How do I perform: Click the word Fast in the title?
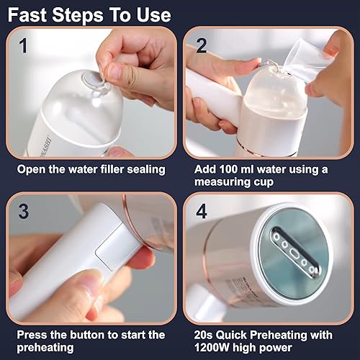27,15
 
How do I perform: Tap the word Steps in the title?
78,15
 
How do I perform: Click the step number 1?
23,45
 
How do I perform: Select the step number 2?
201,45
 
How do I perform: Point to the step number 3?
23,211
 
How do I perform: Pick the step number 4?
202,211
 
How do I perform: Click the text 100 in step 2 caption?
229,169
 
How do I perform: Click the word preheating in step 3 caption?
45,348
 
